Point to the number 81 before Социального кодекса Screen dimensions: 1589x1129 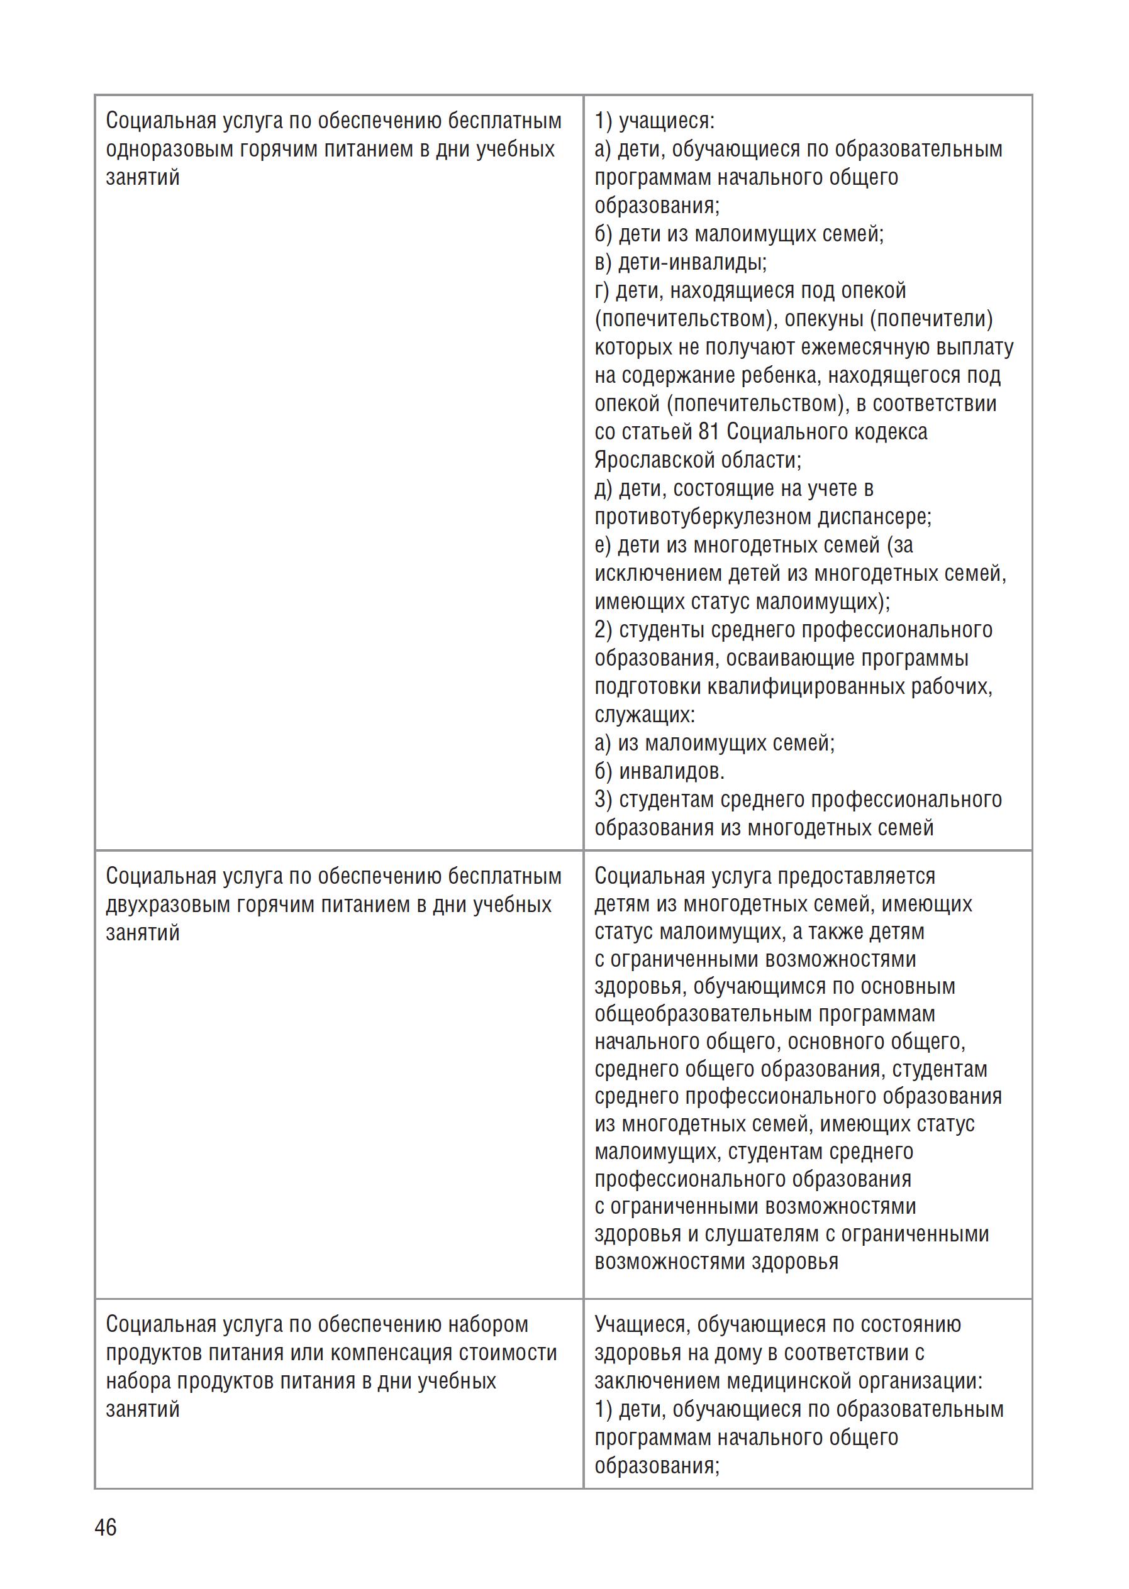(x=709, y=432)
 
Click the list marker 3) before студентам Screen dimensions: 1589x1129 (x=603, y=800)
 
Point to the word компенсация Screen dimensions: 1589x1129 (x=392, y=1353)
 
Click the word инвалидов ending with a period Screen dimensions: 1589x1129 (x=672, y=771)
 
